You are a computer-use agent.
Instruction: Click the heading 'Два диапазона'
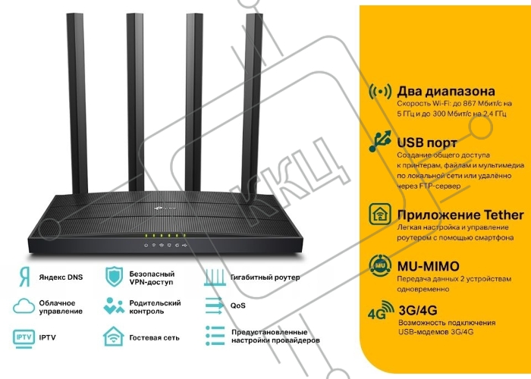[x=446, y=92]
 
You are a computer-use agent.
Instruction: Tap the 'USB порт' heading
[x=427, y=143]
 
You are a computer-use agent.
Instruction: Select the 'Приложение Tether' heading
[x=460, y=215]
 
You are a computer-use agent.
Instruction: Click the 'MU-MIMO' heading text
[x=428, y=266]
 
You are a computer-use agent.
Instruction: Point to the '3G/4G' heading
[x=418, y=310]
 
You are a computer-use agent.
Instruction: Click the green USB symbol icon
[x=380, y=141]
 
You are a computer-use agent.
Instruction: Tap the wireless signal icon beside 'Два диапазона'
[x=380, y=92]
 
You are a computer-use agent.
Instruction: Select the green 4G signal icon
[x=381, y=310]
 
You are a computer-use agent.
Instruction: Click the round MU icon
[x=380, y=265]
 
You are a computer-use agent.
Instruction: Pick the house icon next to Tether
[x=380, y=215]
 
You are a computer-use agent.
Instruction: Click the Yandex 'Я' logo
[x=24, y=277]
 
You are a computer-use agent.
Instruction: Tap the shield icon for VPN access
[x=114, y=277]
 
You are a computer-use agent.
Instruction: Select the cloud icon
[x=24, y=306]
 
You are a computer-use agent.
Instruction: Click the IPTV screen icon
[x=24, y=339]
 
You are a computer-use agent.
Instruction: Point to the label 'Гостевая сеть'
[x=155, y=338]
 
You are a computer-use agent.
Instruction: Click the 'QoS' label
[x=237, y=305]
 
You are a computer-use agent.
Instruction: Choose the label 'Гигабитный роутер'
[x=265, y=277]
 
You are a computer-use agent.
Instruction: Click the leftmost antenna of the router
[x=77, y=103]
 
